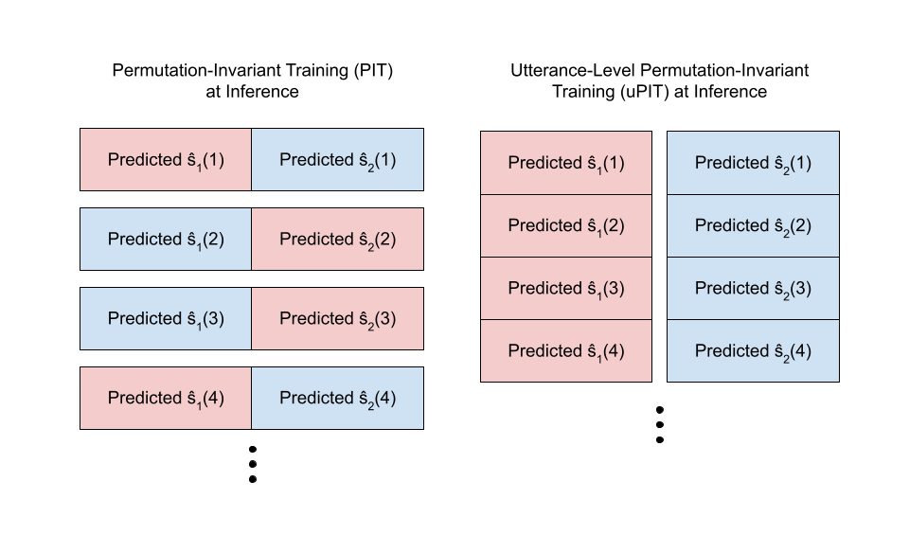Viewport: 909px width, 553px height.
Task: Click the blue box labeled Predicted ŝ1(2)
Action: click(x=166, y=240)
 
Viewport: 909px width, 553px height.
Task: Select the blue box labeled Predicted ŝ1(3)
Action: click(x=166, y=319)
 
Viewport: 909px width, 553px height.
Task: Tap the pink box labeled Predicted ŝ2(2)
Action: click(x=337, y=240)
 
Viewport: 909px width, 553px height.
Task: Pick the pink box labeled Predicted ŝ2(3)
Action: click(x=337, y=319)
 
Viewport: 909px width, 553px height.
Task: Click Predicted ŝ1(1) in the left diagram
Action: click(x=166, y=160)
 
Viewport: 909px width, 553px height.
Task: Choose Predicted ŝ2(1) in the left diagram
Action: click(x=337, y=160)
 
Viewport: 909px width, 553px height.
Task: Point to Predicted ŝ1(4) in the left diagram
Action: click(x=166, y=399)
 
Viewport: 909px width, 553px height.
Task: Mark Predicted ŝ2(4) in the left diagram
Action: click(x=337, y=399)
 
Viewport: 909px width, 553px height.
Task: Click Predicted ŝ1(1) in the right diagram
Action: click(x=566, y=163)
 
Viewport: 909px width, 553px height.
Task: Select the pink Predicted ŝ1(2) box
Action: click(x=566, y=225)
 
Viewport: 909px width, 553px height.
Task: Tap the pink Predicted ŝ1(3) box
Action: click(x=566, y=288)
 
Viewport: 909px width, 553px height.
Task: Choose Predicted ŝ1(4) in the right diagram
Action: click(x=566, y=350)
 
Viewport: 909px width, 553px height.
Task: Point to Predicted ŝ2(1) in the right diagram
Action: click(x=753, y=163)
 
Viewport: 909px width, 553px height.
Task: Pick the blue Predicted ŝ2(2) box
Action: click(x=753, y=225)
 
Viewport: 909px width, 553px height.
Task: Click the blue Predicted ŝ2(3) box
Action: click(x=753, y=288)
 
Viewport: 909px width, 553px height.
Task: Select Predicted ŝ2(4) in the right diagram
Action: click(x=753, y=350)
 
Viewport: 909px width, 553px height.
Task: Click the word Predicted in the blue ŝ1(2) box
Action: click(x=144, y=239)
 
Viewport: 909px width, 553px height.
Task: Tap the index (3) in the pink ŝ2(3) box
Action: click(x=384, y=318)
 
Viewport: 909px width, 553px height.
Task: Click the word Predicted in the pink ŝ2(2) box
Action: click(x=315, y=239)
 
